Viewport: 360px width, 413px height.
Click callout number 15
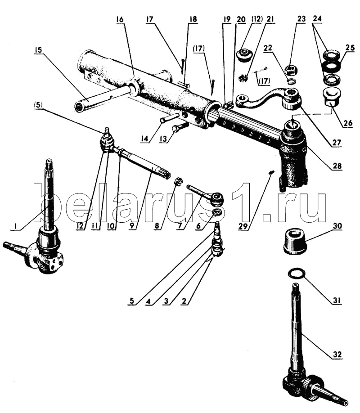pos(38,50)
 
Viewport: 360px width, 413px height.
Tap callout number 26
pos(347,123)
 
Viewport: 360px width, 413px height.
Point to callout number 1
pos(16,226)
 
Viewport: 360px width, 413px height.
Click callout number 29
pos(243,226)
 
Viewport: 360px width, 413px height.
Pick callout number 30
pos(337,226)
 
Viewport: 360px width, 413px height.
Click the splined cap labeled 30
pos(294,241)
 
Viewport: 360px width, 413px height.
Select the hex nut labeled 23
pos(291,70)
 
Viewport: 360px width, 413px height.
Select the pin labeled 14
pos(170,118)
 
